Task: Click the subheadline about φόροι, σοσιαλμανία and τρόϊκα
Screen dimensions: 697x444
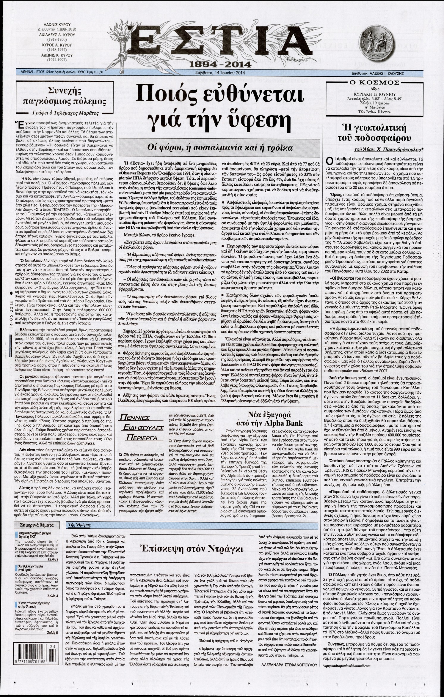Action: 222,147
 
